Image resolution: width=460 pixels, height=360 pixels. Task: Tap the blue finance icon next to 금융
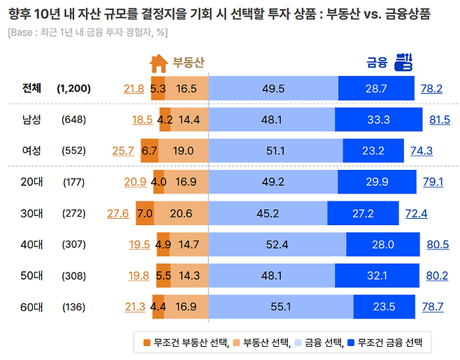(403, 62)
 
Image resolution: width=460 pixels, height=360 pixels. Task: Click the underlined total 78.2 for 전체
(431, 89)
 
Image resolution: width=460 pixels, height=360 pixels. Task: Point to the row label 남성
(31, 120)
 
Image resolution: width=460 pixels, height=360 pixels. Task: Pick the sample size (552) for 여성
(73, 150)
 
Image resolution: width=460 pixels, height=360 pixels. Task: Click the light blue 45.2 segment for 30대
(268, 213)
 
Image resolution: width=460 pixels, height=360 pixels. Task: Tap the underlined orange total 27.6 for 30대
(118, 213)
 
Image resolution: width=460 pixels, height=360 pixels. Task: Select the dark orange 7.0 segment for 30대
(145, 213)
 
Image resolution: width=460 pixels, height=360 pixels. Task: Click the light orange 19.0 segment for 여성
(183, 150)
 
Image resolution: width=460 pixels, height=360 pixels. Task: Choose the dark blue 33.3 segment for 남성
(378, 120)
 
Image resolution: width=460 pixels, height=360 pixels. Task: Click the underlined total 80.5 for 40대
(438, 245)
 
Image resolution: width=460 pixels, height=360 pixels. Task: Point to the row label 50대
(31, 275)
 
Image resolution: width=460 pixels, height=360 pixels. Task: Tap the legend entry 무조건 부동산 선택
(179, 343)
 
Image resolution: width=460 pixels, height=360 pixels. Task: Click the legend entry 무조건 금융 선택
(388, 343)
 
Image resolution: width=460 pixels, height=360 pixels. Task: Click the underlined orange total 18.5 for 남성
(142, 120)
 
